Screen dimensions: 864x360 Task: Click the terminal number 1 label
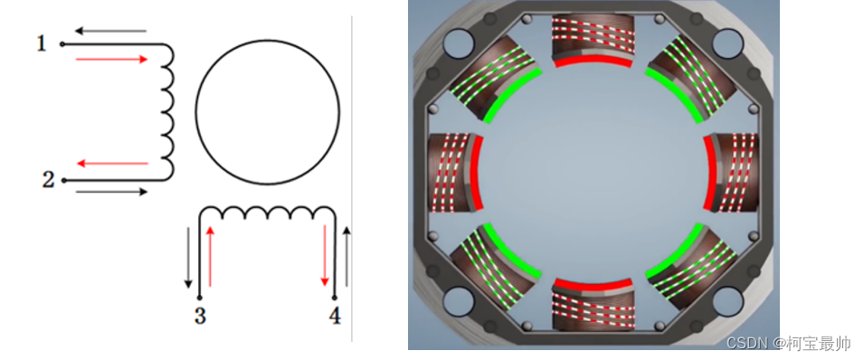(42, 43)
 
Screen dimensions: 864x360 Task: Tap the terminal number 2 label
(49, 180)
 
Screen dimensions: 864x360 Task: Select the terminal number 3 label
(200, 316)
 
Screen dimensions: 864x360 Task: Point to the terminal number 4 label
(335, 316)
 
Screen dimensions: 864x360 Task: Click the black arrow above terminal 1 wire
(110, 31)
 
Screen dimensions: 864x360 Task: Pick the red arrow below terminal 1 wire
(112, 59)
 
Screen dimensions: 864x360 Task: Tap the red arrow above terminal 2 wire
(112, 163)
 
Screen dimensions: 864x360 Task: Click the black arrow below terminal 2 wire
(112, 192)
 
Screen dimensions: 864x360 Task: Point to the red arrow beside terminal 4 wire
(325, 256)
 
